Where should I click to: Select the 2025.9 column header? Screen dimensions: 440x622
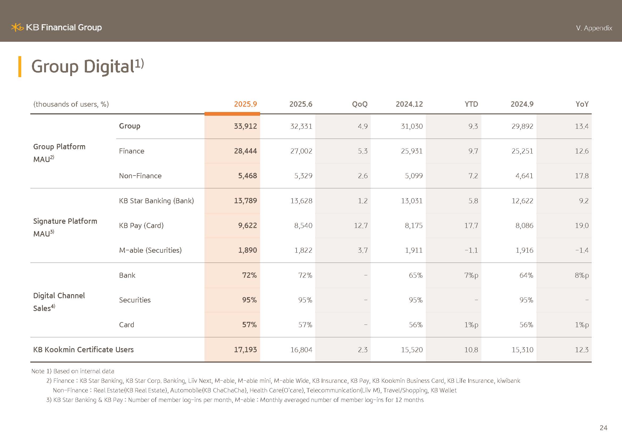tap(245, 104)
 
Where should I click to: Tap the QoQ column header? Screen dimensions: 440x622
tap(360, 104)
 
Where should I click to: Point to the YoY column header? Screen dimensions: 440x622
tap(582, 104)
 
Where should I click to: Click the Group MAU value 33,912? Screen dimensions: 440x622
tap(245, 126)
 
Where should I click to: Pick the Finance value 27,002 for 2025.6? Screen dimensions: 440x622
tap(301, 151)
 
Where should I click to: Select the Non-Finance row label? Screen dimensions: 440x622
tap(140, 176)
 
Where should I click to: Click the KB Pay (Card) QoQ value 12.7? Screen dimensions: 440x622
tap(361, 225)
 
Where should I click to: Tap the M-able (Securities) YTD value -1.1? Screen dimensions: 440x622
tap(471, 250)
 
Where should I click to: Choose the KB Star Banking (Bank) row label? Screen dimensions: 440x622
tap(156, 201)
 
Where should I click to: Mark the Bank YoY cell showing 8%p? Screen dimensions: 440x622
tap(582, 275)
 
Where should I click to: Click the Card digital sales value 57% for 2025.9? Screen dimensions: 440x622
tap(249, 325)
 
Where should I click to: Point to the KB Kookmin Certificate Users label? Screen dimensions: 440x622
tap(83, 350)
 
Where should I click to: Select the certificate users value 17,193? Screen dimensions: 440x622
tap(245, 350)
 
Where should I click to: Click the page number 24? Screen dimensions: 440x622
tap(603, 428)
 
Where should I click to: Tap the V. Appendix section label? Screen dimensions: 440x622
tap(594, 28)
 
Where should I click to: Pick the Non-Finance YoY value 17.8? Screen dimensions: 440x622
tap(582, 176)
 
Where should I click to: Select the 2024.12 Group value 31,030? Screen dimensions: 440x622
tap(411, 126)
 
